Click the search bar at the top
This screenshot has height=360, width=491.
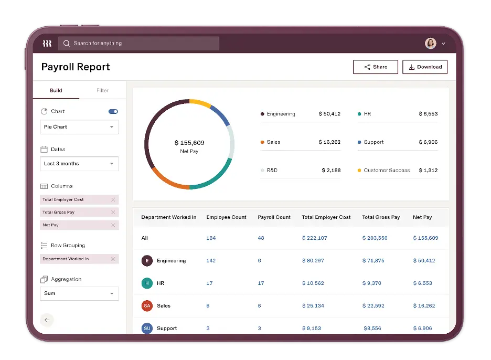[x=138, y=44]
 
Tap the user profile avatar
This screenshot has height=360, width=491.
[x=430, y=44]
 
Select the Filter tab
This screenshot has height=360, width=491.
[x=102, y=90]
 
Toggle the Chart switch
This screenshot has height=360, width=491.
[x=113, y=111]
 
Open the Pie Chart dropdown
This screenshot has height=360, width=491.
[x=79, y=127]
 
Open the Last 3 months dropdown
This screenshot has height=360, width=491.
[x=79, y=164]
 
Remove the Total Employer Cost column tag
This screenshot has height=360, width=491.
[x=113, y=200]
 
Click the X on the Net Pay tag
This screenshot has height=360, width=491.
[x=113, y=225]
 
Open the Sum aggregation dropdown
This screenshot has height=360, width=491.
[x=79, y=293]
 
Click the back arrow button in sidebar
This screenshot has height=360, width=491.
[x=47, y=320]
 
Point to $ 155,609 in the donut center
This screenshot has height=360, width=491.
[x=189, y=143]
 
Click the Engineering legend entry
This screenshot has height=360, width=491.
[x=281, y=114]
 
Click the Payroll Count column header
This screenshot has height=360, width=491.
[x=274, y=217]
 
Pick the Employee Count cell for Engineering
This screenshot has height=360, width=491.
[x=211, y=261]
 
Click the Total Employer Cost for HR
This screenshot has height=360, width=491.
[x=313, y=283]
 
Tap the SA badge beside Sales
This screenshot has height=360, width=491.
[x=147, y=306]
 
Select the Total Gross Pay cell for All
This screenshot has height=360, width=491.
[x=375, y=238]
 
